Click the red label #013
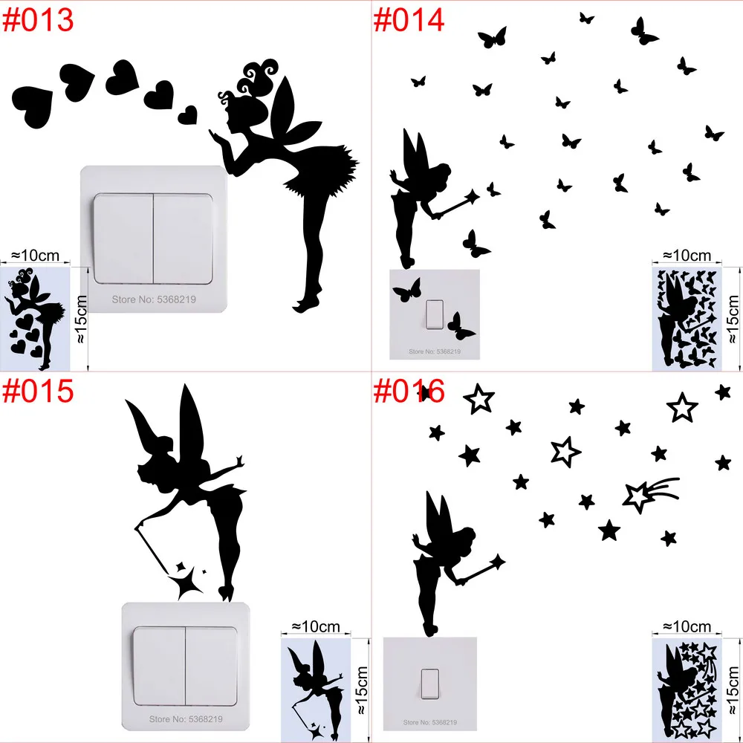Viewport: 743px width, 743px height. pyautogui.click(x=38, y=20)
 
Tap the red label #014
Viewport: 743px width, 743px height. pyautogui.click(x=409, y=20)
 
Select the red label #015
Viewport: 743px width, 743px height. pyautogui.click(x=38, y=391)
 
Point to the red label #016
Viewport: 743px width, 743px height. pyautogui.click(x=409, y=391)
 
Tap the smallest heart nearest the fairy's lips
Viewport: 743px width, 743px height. pyautogui.click(x=188, y=115)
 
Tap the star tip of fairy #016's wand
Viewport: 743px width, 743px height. pyautogui.click(x=498, y=562)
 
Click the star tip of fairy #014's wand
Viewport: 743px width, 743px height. pyautogui.click(x=472, y=196)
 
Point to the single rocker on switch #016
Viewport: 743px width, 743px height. pyautogui.click(x=429, y=684)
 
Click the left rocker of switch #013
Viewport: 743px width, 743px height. pyautogui.click(x=123, y=239)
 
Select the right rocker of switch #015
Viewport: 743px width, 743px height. pyautogui.click(x=211, y=666)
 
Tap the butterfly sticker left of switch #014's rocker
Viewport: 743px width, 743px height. pyautogui.click(x=407, y=290)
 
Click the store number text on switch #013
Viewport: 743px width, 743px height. pyautogui.click(x=154, y=299)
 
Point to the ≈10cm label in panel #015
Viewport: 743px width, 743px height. pyautogui.click(x=316, y=626)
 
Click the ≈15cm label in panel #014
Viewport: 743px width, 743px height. pyautogui.click(x=733, y=319)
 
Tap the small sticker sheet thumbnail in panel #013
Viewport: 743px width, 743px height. pyautogui.click(x=35, y=319)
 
